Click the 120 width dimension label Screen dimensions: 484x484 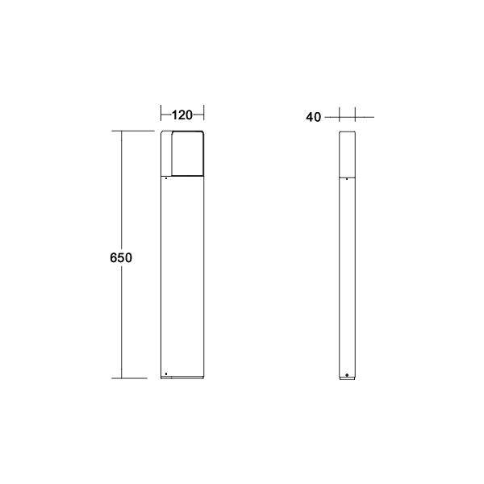(182, 115)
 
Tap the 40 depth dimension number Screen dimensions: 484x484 (314, 117)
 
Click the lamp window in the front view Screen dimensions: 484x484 (187, 154)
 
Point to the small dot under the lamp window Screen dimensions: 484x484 (165, 179)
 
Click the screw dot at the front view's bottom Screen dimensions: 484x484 (165, 373)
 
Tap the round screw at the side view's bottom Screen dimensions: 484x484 (347, 375)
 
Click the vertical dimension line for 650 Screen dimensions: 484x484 (122, 323)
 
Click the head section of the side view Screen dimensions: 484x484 (347, 153)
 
